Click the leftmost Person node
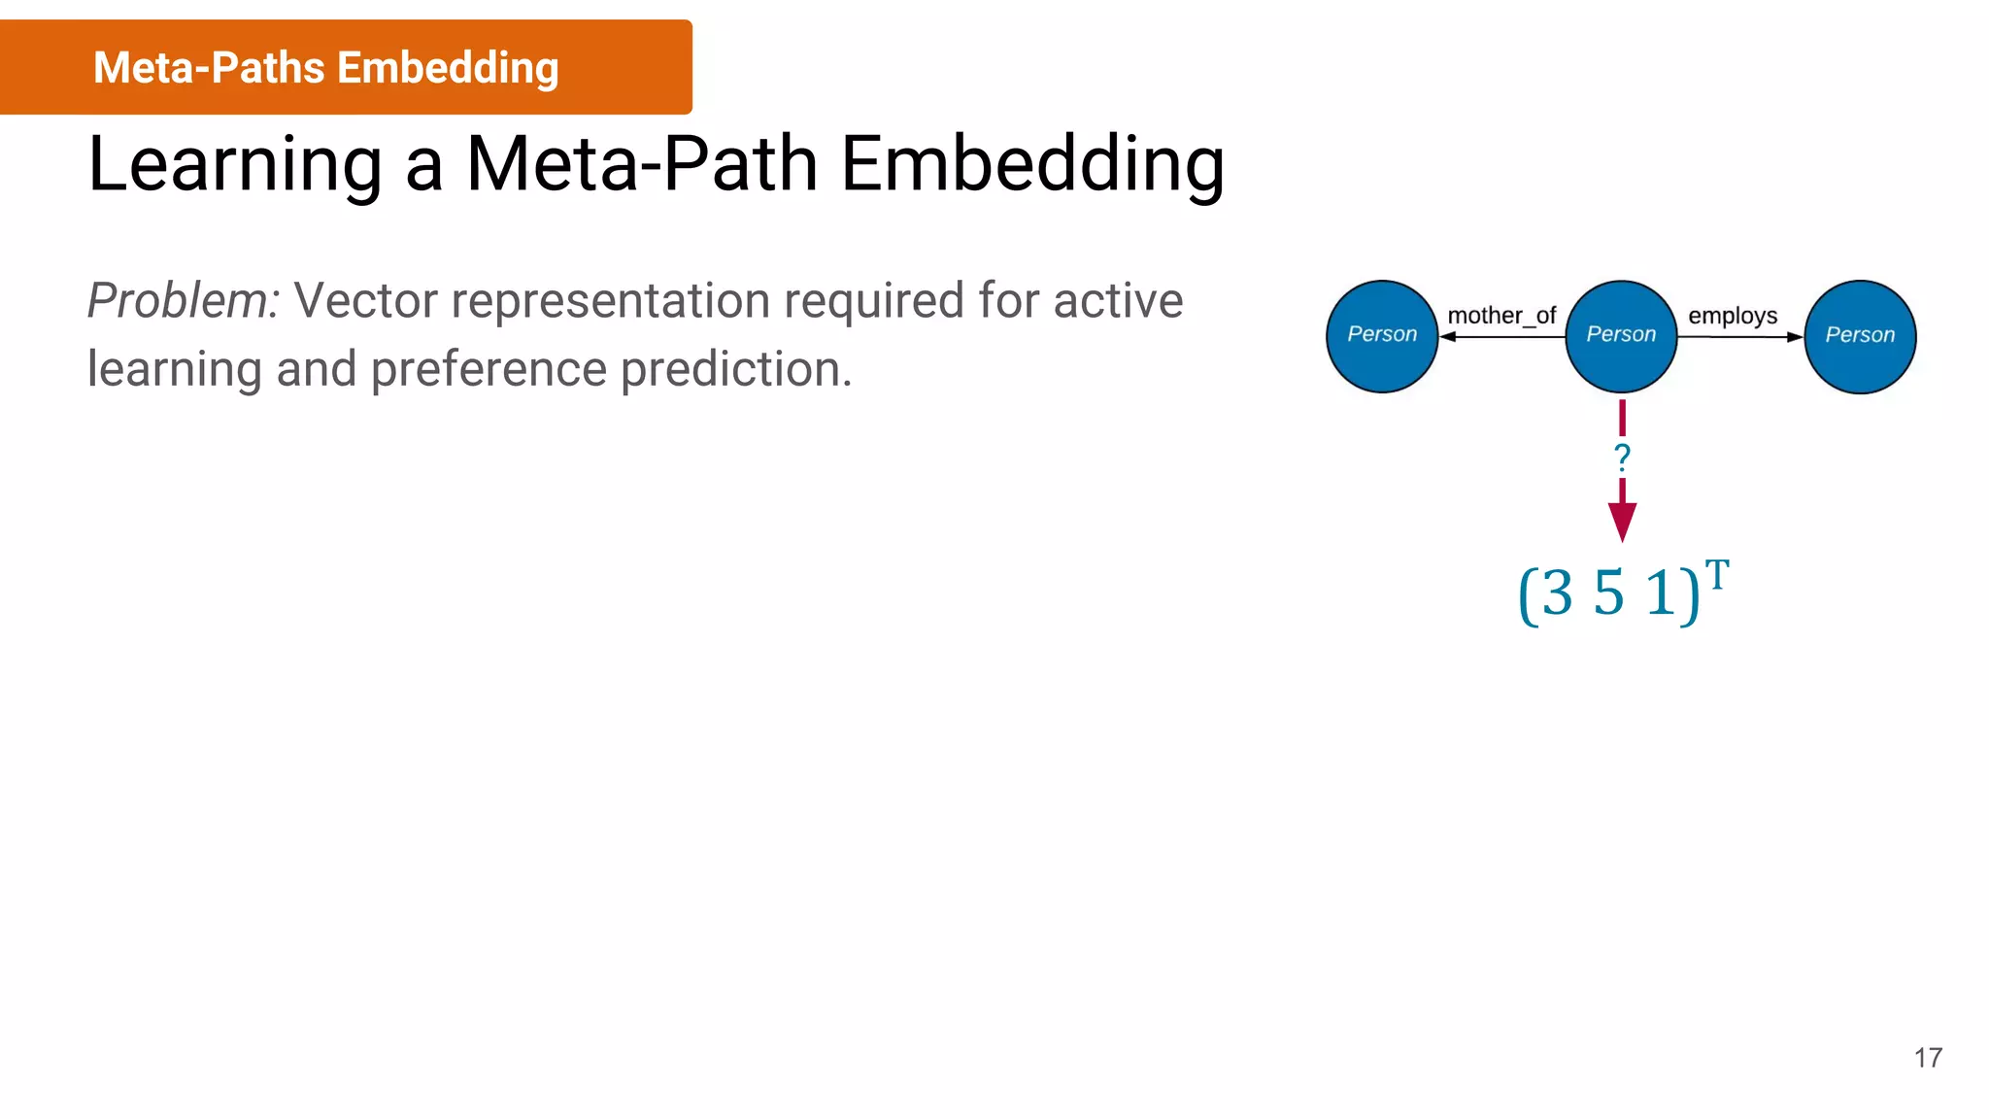1382,336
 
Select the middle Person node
1621,336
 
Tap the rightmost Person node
1860,336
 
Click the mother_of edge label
1501,316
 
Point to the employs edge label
1733,316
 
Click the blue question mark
1622,457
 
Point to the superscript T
1717,574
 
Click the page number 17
1928,1058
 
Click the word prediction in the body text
736,370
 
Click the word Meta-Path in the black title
642,164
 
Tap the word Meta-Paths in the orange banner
209,68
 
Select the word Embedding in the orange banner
448,68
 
